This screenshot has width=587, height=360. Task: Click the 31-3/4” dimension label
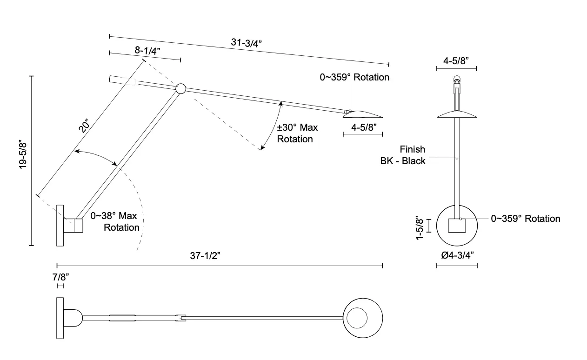pos(246,43)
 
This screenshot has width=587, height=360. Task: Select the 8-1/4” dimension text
pos(147,50)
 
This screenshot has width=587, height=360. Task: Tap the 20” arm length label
pos(84,126)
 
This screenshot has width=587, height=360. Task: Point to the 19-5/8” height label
pos(23,155)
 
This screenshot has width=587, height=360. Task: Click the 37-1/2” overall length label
pos(205,256)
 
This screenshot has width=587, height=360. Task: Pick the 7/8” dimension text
pos(60,277)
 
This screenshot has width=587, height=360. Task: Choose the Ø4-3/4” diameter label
pos(457,255)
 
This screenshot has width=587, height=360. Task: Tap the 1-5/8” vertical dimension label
pos(420,228)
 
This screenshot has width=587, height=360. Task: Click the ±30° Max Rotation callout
pos(297,133)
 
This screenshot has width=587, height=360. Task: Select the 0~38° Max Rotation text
pos(115,221)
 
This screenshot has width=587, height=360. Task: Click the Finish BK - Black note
pos(403,155)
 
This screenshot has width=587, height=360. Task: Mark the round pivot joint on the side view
pos(180,89)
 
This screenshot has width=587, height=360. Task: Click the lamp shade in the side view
pos(363,114)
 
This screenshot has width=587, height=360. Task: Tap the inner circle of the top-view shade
pos(357,318)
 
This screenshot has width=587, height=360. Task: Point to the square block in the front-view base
pos(457,226)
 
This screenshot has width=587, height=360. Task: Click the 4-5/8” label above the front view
pos(456,61)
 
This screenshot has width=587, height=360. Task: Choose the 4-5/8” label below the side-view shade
pos(364,127)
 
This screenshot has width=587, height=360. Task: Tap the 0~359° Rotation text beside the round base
pos(526,219)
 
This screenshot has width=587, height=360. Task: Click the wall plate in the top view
pos(60,318)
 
